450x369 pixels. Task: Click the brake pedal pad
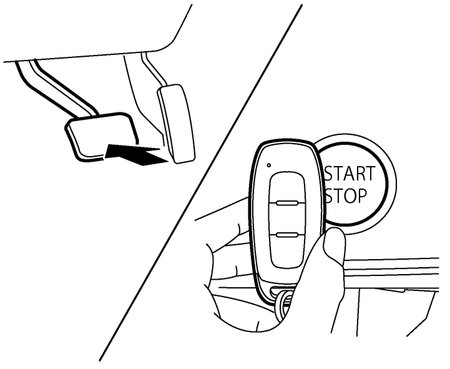point(101,135)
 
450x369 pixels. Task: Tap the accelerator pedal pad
point(176,124)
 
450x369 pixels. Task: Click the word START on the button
point(350,174)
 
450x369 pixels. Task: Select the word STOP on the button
point(346,196)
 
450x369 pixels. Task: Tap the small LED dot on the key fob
point(268,165)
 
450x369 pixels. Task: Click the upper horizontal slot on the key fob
point(287,204)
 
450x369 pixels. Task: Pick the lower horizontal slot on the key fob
point(287,235)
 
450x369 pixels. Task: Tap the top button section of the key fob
point(287,187)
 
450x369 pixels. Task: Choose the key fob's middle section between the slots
point(287,219)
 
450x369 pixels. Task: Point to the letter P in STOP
point(361,196)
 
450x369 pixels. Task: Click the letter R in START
point(360,174)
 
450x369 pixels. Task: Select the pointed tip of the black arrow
point(168,161)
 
